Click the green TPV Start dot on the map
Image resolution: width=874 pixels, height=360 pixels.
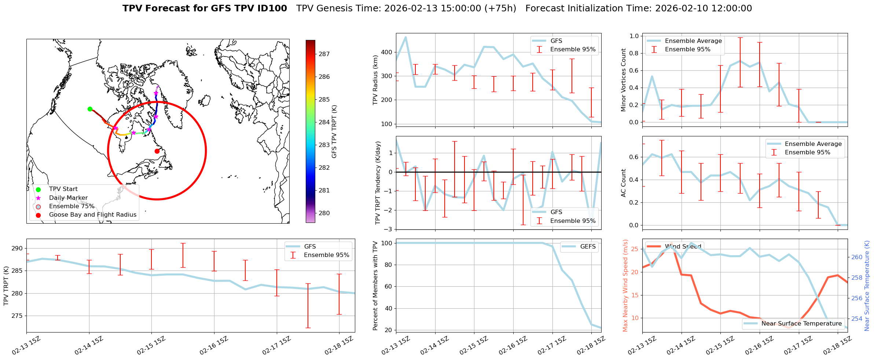pos(90,109)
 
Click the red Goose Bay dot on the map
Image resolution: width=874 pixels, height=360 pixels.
pos(157,151)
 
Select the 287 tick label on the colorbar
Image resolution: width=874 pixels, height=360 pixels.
pos(324,54)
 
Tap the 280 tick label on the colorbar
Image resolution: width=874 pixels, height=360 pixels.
pos(324,213)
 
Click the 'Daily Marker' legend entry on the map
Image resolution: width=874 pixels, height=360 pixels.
pos(68,198)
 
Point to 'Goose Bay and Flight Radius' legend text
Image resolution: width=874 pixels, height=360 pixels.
pos(92,215)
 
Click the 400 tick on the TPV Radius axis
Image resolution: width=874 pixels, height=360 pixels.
pos(387,52)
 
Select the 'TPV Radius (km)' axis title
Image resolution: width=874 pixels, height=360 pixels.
pos(375,80)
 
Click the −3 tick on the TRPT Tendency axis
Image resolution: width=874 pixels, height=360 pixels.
pos(388,229)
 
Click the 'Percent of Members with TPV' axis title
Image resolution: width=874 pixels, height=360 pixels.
pos(375,286)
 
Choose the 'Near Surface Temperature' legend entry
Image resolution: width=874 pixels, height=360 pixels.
pos(801,323)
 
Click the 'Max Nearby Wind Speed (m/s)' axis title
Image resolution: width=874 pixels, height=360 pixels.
pos(625,286)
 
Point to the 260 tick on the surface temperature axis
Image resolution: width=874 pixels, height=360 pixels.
pos(857,257)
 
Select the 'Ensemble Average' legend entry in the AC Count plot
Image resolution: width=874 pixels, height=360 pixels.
pos(813,144)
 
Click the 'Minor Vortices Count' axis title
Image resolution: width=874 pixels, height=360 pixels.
pos(624,80)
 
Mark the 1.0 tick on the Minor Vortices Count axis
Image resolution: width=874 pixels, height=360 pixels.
pos(634,36)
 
